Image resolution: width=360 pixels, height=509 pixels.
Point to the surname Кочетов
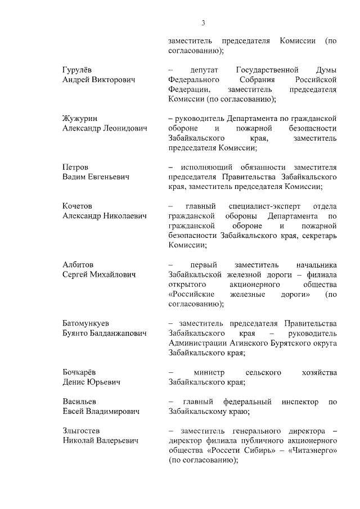(77, 206)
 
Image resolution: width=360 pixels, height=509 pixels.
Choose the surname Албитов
(78, 264)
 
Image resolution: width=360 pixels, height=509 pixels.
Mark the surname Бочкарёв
(79, 372)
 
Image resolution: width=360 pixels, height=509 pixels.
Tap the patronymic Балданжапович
(117, 333)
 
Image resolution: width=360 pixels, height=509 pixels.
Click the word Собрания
(264, 79)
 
